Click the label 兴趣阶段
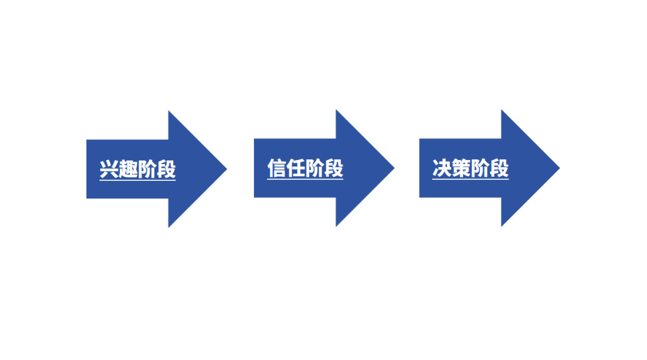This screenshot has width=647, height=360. pyautogui.click(x=138, y=169)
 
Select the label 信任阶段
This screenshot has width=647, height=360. pyautogui.click(x=305, y=168)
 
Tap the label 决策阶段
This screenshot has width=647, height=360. pyautogui.click(x=470, y=168)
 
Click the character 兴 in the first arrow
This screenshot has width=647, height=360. pyautogui.click(x=109, y=169)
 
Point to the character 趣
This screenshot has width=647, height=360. pyautogui.click(x=128, y=169)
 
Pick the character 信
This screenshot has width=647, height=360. pyautogui.click(x=277, y=168)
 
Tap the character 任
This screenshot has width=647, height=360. pyautogui.click(x=296, y=168)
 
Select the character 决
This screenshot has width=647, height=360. pyautogui.click(x=442, y=168)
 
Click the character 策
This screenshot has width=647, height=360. pyautogui.click(x=461, y=168)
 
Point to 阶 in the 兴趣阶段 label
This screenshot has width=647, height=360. pyautogui.click(x=147, y=169)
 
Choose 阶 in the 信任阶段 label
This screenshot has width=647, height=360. pyautogui.click(x=315, y=168)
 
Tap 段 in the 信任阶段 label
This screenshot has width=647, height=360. pyautogui.click(x=334, y=168)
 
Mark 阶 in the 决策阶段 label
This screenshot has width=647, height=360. pyautogui.click(x=480, y=168)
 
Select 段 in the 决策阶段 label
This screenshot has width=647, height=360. pyautogui.click(x=499, y=168)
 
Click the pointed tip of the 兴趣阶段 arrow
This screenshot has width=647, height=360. pyautogui.click(x=225, y=169)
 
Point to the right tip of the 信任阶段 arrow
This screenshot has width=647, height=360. pyautogui.click(x=393, y=168)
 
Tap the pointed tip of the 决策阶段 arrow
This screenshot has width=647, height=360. pyautogui.click(x=558, y=168)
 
